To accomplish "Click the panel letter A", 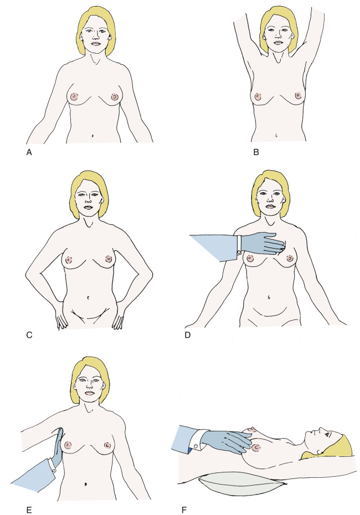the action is pos(29,152).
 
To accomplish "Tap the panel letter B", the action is pos(256,152).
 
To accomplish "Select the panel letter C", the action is pos(29,336).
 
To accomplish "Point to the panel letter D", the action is pos(188,336).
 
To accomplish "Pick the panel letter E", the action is pos(29,510).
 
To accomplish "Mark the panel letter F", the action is pos(184,510).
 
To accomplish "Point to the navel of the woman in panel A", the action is pos(92,135).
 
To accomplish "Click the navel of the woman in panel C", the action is pos(89,298).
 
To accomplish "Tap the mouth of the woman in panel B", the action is pos(277,43).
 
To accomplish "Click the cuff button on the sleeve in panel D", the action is pos(239,253).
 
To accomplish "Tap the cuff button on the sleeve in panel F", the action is pos(196,447).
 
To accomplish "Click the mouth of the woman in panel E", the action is pos(89,393).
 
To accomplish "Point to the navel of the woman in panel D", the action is pos(269,298).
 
